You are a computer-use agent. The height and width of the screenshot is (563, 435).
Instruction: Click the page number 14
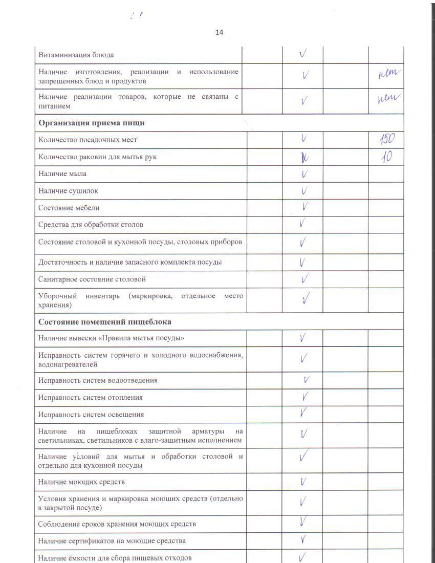(219, 32)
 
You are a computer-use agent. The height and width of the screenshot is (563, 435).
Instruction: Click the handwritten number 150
(387, 139)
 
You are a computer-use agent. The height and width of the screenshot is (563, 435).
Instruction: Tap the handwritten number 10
(386, 157)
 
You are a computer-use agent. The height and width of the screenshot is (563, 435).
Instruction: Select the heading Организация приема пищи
(92, 123)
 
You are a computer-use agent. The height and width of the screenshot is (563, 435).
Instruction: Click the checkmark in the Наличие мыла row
(304, 174)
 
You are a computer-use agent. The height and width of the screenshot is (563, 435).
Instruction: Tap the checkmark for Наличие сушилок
(304, 191)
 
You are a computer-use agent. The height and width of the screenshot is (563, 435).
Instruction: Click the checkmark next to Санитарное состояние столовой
(304, 279)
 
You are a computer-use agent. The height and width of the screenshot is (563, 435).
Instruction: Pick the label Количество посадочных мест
(88, 140)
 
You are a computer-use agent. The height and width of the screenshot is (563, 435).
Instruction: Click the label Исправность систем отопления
(91, 398)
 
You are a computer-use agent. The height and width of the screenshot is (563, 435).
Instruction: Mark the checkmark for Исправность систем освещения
(303, 413)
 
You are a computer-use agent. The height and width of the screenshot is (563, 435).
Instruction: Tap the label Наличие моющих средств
(81, 482)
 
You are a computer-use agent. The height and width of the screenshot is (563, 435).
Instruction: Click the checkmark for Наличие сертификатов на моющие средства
(303, 539)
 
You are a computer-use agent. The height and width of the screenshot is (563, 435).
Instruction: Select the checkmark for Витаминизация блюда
(303, 54)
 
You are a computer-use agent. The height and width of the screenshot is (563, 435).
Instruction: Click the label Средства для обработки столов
(91, 225)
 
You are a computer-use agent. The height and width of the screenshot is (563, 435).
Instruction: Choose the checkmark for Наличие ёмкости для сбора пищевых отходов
(303, 556)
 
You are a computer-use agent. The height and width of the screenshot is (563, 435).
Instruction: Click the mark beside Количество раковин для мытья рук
(304, 157)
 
